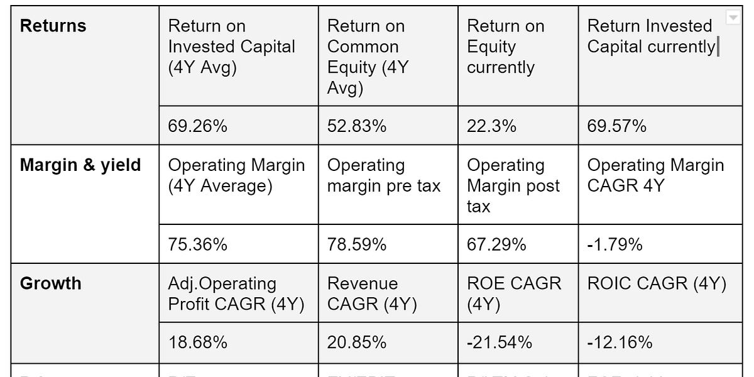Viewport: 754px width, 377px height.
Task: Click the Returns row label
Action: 53,26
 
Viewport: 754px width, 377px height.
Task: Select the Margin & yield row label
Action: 80,165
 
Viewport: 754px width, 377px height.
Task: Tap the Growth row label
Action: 51,283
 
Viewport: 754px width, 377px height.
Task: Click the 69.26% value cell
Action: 197,126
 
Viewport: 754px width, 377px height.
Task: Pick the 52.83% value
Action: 357,126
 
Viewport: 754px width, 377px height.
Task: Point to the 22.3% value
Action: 491,126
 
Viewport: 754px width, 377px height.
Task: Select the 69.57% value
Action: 616,126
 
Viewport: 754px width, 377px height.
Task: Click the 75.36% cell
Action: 197,244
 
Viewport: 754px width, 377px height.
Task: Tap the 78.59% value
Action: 357,244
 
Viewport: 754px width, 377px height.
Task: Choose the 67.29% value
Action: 496,244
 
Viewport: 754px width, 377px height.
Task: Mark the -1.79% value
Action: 615,244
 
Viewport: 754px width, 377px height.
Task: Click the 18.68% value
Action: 197,342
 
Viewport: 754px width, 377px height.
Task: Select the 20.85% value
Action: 357,342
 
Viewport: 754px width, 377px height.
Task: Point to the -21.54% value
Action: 499,342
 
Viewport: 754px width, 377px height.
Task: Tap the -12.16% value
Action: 620,342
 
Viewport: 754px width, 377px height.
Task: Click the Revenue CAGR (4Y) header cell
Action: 372,294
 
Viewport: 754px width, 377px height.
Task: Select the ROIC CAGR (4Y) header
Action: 657,283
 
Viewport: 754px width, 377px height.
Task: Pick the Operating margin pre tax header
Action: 383,176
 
